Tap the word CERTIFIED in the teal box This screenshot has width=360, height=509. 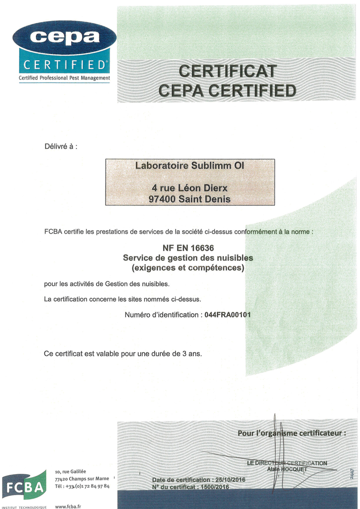[64, 65]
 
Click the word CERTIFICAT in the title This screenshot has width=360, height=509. [227, 72]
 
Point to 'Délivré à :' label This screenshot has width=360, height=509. [61, 146]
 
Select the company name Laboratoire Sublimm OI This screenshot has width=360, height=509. [190, 166]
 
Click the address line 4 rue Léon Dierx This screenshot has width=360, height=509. [189, 188]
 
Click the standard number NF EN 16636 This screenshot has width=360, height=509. [188, 248]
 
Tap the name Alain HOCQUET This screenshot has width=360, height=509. [287, 469]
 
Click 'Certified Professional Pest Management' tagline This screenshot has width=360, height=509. [64, 78]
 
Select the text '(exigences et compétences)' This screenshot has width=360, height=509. [188, 268]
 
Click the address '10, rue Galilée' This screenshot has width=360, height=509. [71, 471]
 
